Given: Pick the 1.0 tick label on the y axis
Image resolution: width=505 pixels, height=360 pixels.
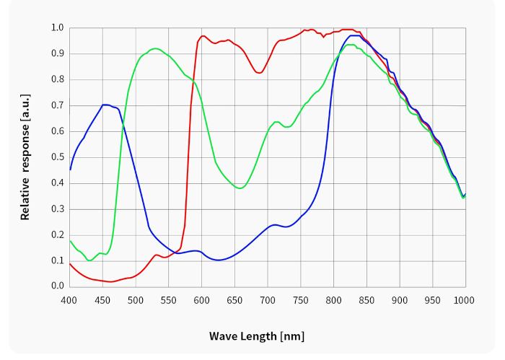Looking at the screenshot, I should (57, 28).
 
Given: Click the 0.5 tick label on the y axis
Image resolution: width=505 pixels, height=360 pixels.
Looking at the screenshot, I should (57, 157).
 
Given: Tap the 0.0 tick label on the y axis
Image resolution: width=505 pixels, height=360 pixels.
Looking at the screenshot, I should (57, 286).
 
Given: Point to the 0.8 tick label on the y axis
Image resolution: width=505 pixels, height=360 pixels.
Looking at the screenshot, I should (57, 79).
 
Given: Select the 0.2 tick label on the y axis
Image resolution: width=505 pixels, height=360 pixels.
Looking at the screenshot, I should (57, 234).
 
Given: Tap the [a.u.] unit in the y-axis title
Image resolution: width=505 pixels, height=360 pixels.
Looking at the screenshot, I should (25, 110).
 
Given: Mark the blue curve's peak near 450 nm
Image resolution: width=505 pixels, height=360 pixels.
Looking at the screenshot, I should (105, 105).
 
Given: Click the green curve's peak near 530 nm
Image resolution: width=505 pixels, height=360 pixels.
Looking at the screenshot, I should (155, 48).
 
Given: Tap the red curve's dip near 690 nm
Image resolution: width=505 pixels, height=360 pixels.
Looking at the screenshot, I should (259, 73).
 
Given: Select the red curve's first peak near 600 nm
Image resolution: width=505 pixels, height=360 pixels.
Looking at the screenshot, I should (203, 35).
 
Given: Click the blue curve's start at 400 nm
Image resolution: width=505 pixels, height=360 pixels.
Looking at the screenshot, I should (69, 170).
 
